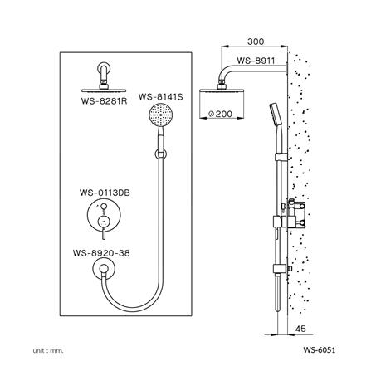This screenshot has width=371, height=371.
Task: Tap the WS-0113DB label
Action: click(x=104, y=193)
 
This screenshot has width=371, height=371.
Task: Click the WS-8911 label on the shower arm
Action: click(x=255, y=60)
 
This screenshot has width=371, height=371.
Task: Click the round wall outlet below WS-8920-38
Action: click(x=104, y=269)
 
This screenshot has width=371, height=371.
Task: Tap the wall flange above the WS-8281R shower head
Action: click(x=103, y=74)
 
